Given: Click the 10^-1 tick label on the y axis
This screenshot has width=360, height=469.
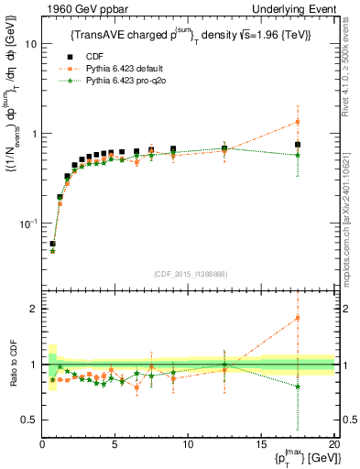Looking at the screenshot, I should pyautogui.click(x=27, y=224).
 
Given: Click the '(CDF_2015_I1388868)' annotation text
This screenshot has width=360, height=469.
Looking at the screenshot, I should pyautogui.click(x=189, y=274).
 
